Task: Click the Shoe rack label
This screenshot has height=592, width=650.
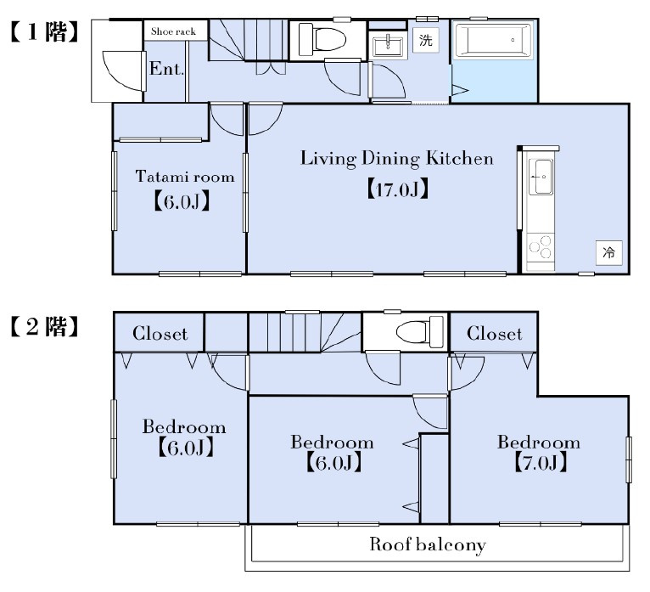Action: tap(173, 31)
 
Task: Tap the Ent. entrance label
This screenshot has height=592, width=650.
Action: tap(166, 69)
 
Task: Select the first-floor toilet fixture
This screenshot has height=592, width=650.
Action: tap(322, 39)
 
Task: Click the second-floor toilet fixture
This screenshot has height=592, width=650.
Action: tap(419, 332)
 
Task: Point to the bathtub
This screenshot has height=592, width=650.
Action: tap(493, 40)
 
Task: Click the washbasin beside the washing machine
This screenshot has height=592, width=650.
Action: tap(388, 46)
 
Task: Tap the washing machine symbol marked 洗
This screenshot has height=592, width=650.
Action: tap(426, 40)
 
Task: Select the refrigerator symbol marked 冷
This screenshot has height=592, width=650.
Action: tap(609, 252)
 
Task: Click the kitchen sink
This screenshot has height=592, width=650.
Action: tap(541, 177)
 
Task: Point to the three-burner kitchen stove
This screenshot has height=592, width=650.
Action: tap(541, 247)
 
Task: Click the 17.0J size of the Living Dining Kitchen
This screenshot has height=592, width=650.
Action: tap(397, 189)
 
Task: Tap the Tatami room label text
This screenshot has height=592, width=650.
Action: tap(185, 177)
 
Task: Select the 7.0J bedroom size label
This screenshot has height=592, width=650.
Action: tap(541, 463)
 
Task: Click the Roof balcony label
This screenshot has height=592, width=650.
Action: tap(428, 544)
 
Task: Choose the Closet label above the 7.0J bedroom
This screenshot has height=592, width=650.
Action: tap(494, 333)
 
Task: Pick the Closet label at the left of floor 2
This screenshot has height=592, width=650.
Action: tap(160, 333)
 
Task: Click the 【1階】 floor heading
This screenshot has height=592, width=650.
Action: tap(44, 32)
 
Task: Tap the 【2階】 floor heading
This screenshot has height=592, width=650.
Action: tap(44, 326)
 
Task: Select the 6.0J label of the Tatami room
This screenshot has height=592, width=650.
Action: tap(182, 201)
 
